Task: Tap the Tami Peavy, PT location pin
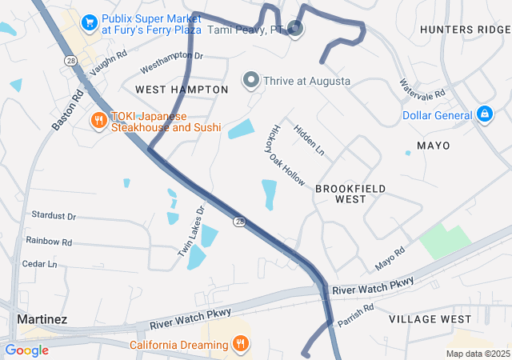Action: click(295, 30)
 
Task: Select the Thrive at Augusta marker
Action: click(251, 81)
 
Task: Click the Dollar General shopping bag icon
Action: click(484, 115)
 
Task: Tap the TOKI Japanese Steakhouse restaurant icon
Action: click(98, 121)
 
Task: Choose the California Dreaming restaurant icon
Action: click(240, 344)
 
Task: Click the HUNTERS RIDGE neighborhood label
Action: click(464, 30)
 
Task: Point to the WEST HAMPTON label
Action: click(175, 88)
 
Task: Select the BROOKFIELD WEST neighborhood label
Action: click(350, 194)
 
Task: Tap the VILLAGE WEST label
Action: click(430, 319)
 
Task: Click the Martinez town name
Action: click(42, 319)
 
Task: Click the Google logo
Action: click(26, 350)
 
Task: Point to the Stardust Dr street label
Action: click(54, 216)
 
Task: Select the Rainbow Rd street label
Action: click(49, 241)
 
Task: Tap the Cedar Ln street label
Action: click(40, 263)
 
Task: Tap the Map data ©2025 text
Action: click(478, 353)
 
